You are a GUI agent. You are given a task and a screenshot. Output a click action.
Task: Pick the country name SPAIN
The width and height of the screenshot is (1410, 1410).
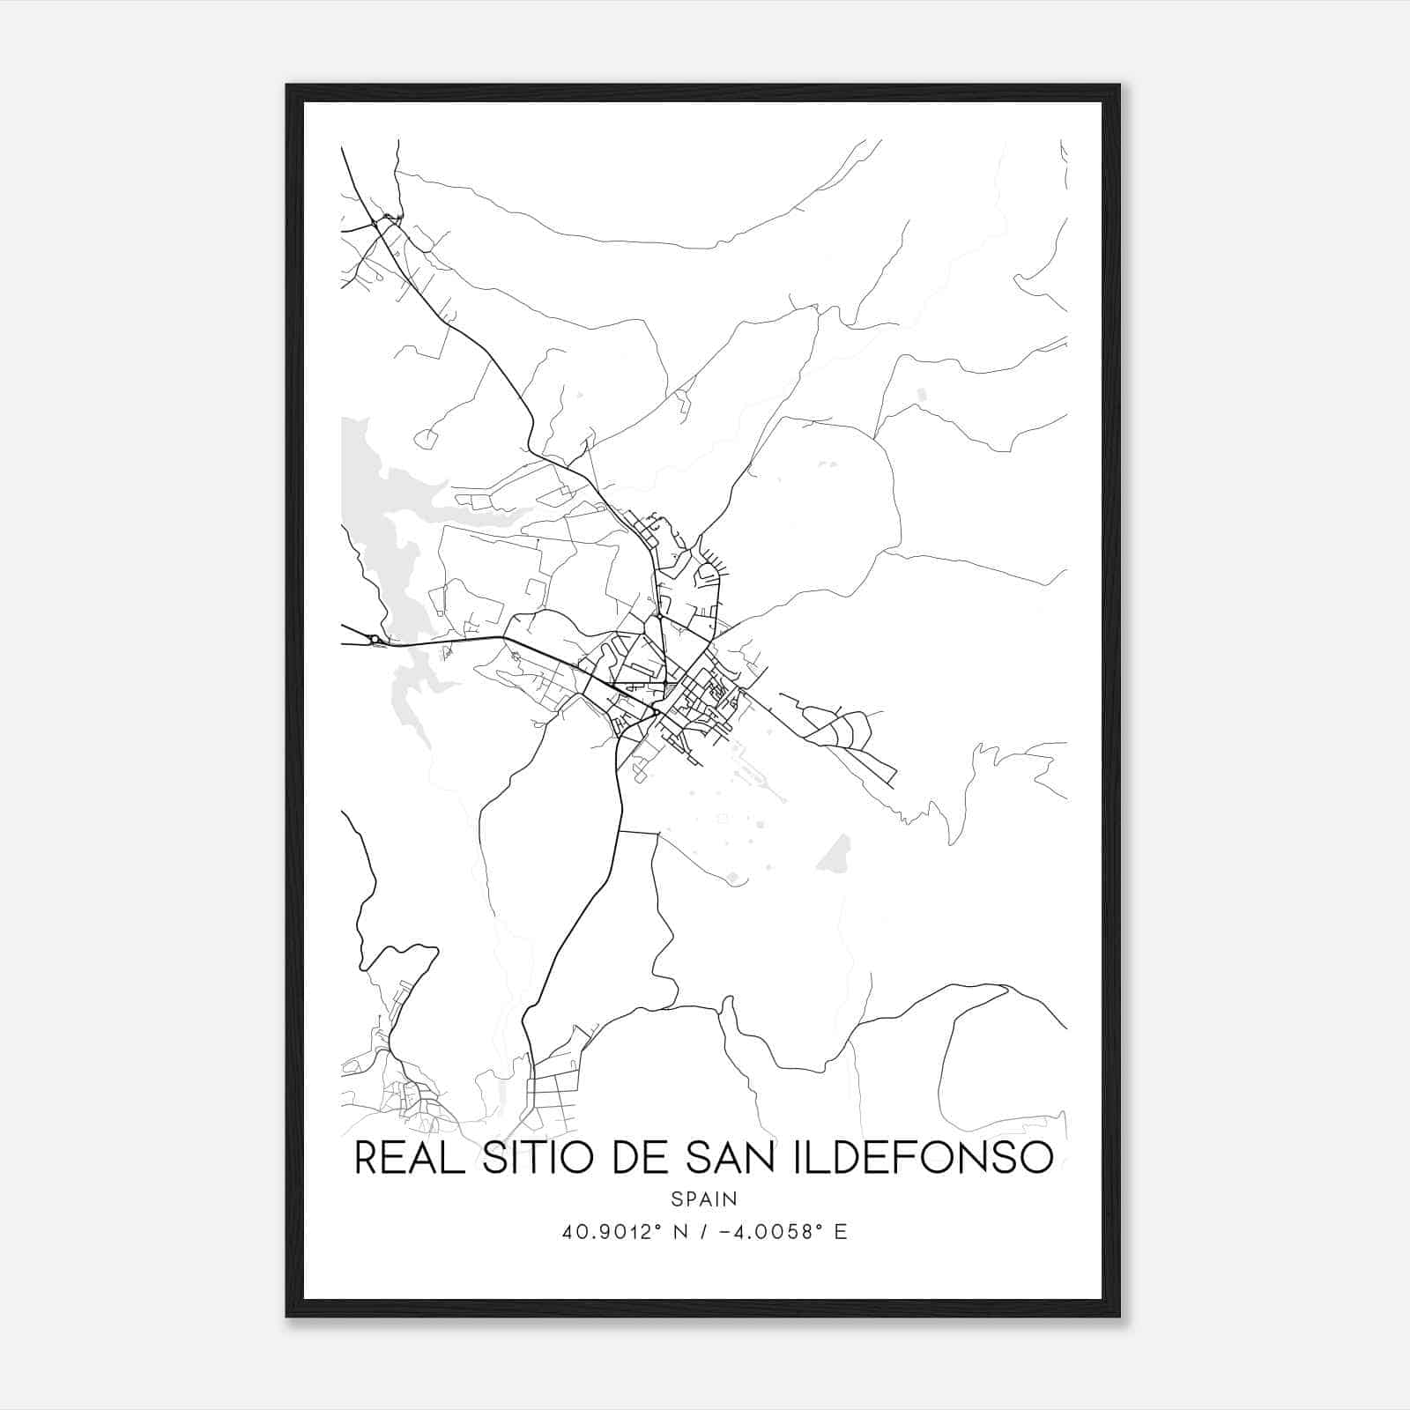(x=704, y=1199)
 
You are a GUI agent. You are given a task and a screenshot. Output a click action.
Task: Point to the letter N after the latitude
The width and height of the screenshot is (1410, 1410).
(x=681, y=1232)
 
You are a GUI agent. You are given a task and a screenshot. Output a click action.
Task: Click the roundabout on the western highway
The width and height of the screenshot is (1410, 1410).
(x=375, y=638)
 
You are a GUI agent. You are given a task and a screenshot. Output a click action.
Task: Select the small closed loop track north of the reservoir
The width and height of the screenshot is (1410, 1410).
(x=426, y=437)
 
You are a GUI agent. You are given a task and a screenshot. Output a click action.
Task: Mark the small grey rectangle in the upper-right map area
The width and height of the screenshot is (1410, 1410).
(x=922, y=395)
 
